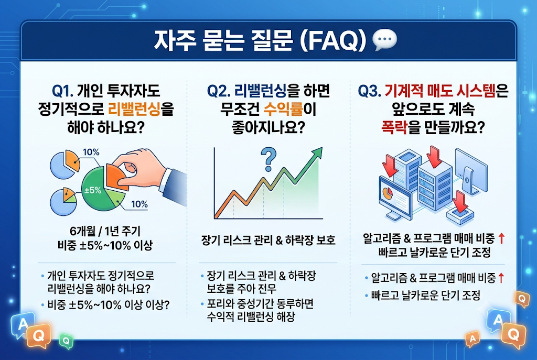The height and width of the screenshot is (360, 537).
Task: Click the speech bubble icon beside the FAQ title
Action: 384,40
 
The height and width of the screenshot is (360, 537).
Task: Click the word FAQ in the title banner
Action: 332,40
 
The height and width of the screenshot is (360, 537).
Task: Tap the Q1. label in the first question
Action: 63,91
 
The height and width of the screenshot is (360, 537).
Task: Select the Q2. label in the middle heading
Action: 219,91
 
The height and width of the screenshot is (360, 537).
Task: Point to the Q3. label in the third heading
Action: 370,91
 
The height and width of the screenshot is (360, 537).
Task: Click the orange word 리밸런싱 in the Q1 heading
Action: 134,109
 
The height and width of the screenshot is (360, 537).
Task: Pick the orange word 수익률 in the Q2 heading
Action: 284,109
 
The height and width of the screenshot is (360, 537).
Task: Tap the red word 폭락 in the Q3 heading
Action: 394,128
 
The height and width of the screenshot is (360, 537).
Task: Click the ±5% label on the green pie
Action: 93,190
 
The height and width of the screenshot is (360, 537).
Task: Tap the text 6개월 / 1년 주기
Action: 105,231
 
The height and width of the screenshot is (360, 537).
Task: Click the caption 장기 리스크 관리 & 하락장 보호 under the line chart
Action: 268,240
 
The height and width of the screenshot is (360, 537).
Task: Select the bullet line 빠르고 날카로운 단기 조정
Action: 426,295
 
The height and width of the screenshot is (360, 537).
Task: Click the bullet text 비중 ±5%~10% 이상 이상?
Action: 109,304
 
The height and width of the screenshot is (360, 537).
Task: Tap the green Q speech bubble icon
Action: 66,341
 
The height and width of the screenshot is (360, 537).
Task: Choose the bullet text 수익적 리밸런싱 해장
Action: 251,317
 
